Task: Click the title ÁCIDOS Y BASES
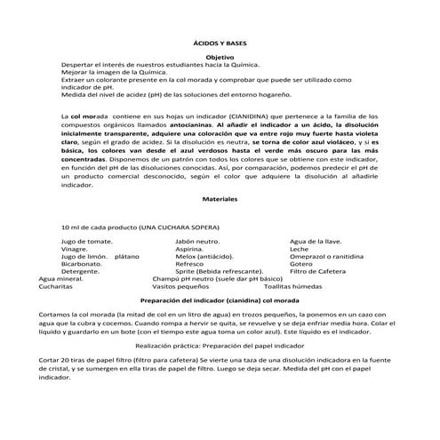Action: (x=220, y=42)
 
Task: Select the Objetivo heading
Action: (x=220, y=57)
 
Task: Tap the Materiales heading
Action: (x=220, y=200)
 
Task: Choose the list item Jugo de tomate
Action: (x=86, y=241)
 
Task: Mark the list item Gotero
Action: (x=301, y=264)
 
